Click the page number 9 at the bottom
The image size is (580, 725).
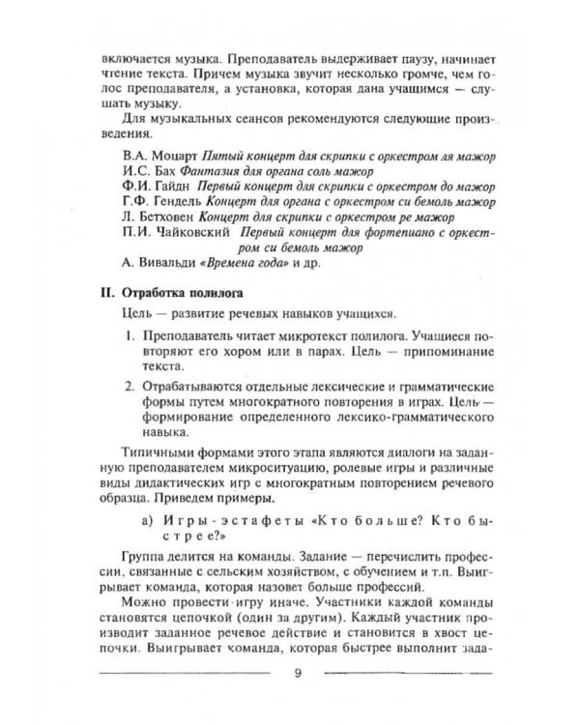[297, 674]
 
